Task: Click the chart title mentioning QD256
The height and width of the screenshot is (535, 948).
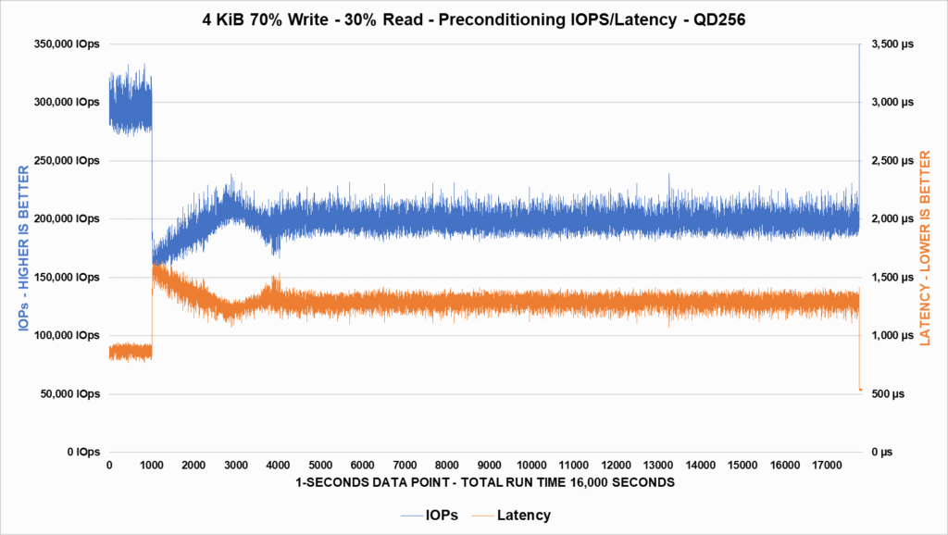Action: pyautogui.click(x=473, y=18)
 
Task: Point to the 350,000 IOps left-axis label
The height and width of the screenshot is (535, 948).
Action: pyautogui.click(x=70, y=44)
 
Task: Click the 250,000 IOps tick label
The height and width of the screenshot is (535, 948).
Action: pyautogui.click(x=70, y=161)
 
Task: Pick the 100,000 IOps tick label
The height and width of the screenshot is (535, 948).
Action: pyautogui.click(x=70, y=336)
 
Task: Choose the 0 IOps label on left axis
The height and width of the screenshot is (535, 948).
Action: pyautogui.click(x=81, y=453)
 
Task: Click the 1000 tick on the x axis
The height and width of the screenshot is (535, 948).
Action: pyautogui.click(x=152, y=465)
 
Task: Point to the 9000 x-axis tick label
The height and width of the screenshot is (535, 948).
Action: pyautogui.click(x=489, y=465)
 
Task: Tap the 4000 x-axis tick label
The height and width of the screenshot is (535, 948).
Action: pyautogui.click(x=278, y=465)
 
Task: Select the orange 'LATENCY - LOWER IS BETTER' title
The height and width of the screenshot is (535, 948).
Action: pyautogui.click(x=925, y=248)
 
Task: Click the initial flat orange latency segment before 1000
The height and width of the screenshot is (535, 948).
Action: pyautogui.click(x=130, y=352)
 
